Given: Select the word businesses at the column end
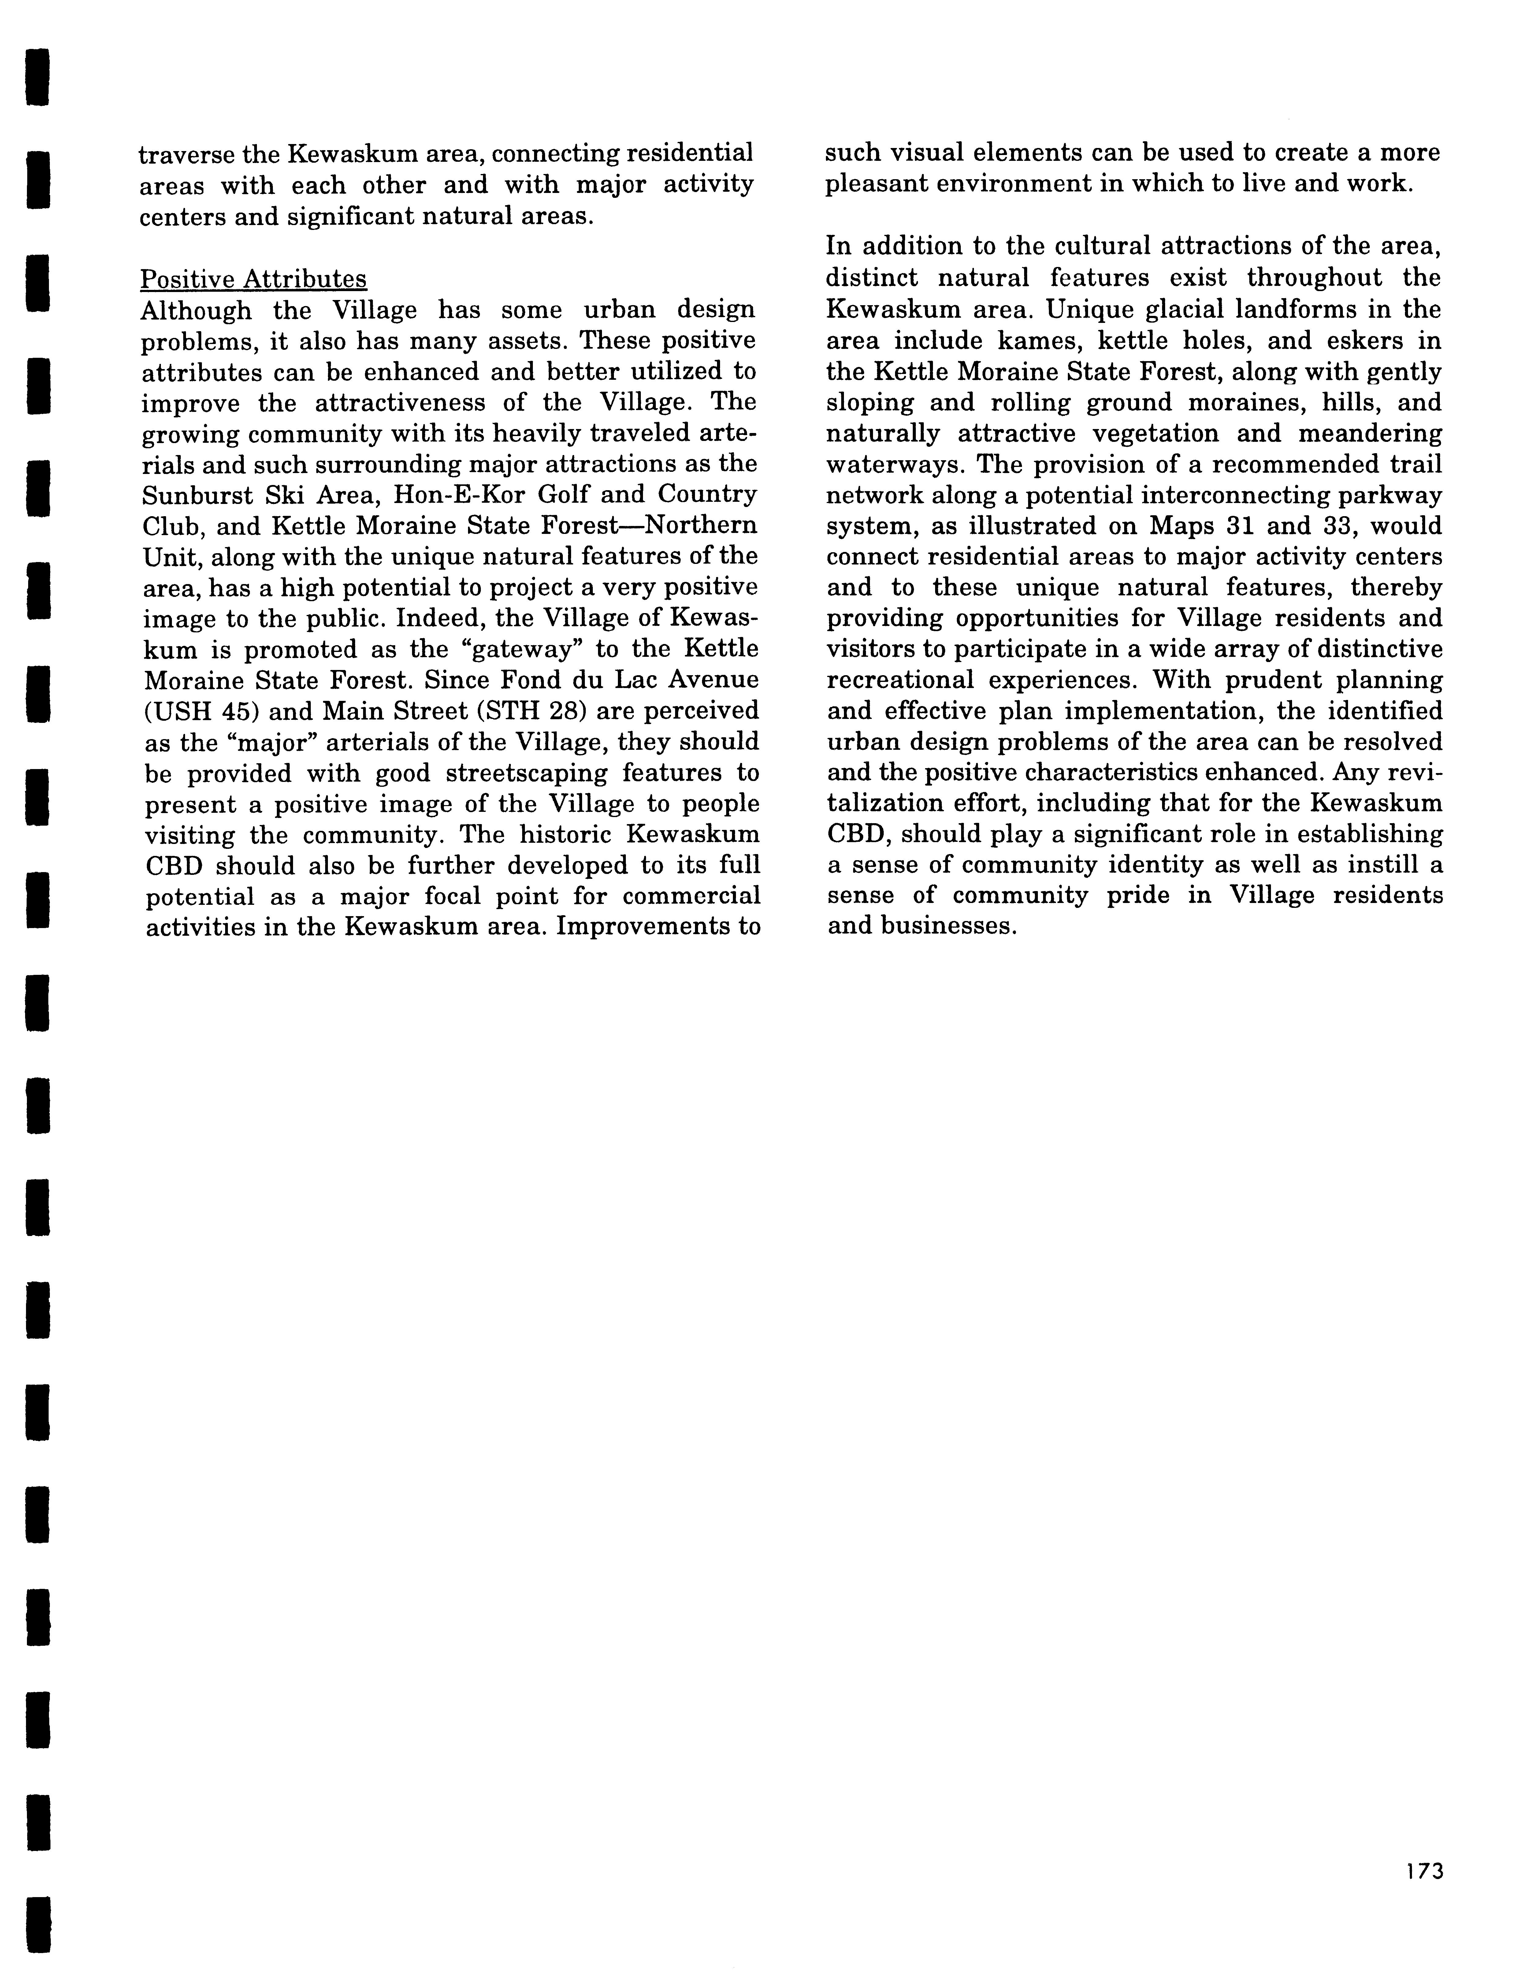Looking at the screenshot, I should (946, 927).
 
